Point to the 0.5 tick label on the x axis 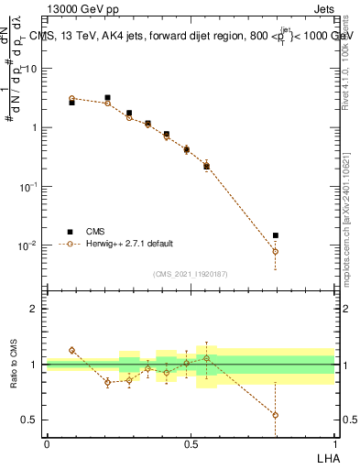click(x=191, y=444)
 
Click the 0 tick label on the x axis click(x=47, y=444)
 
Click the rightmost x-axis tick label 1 click(x=335, y=444)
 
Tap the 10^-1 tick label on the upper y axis click(x=30, y=186)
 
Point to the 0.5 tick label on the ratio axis click(x=32, y=420)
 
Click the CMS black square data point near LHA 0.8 click(x=275, y=235)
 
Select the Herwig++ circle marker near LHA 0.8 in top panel click(x=275, y=251)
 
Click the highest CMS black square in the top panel click(x=107, y=97)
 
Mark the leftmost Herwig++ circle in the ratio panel click(x=71, y=350)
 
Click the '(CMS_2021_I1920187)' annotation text click(x=190, y=273)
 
